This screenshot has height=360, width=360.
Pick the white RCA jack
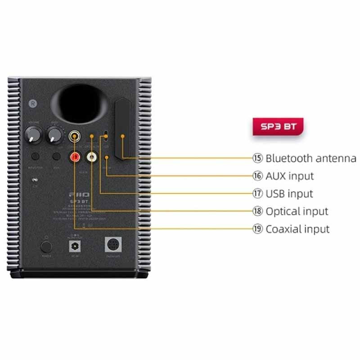pos(92,157)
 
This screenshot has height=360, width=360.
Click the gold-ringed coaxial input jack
pos(74,135)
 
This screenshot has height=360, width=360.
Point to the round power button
pos(45,246)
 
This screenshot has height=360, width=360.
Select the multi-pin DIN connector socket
pos(112,245)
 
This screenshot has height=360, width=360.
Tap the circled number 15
pos(257,158)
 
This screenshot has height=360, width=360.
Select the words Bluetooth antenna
pos(311,158)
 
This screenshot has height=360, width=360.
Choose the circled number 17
pos(257,193)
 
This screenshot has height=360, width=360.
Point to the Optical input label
pos(297,211)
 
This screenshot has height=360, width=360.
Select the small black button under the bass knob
pos(56,157)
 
